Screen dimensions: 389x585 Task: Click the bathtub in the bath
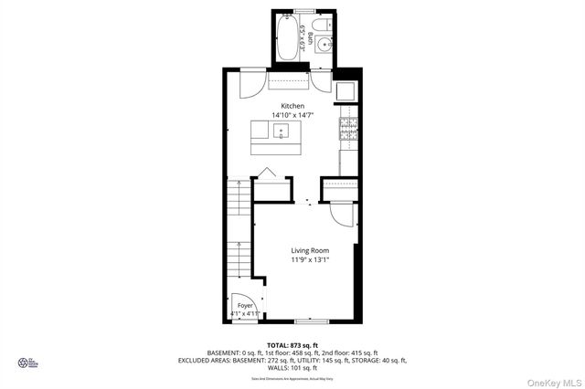tap(286, 37)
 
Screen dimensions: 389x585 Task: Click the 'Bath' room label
tap(312, 38)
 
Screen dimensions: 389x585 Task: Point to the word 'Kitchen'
tap(292, 107)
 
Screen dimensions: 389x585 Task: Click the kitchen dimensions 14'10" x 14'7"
tap(292, 116)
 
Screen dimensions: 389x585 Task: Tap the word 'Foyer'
tap(245, 305)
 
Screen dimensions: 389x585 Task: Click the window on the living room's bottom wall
tap(311, 321)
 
